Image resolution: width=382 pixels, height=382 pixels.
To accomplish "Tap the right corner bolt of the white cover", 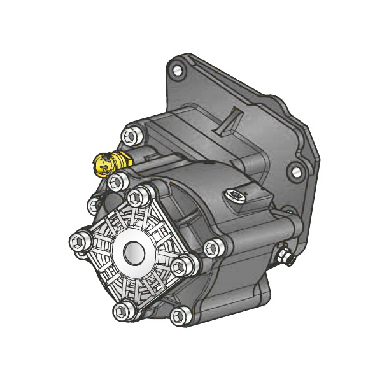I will pos(183,266).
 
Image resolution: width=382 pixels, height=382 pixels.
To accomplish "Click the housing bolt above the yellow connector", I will pos(131,136).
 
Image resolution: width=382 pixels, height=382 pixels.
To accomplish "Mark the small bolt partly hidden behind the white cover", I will pos(94,204).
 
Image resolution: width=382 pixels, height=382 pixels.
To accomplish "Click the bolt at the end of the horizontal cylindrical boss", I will pos(211,248).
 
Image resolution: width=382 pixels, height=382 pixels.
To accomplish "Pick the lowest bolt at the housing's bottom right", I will pos(181,314).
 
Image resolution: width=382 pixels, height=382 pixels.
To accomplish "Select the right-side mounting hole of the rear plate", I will pos(294,171).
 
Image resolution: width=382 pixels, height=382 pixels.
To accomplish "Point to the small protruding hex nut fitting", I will pos(284,257).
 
